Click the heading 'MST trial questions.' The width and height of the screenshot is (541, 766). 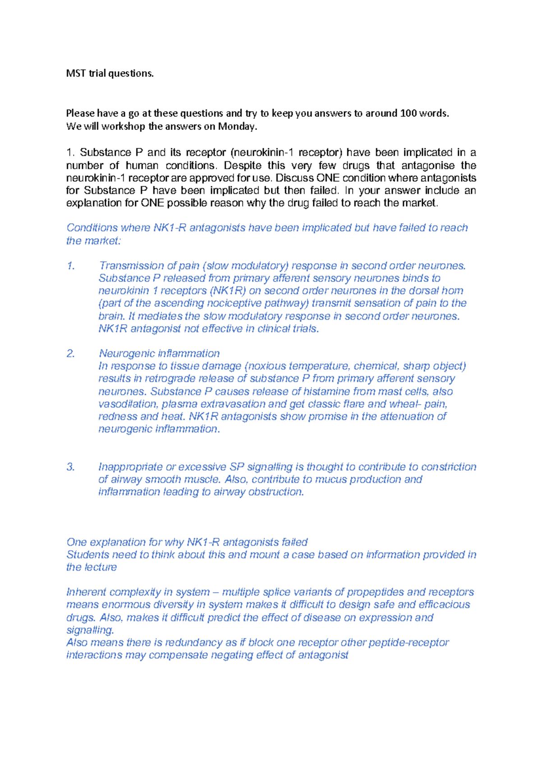click(110, 74)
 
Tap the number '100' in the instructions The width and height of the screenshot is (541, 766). click(408, 113)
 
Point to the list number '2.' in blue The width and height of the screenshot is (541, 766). click(70, 354)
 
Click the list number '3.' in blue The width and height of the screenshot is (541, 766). click(70, 467)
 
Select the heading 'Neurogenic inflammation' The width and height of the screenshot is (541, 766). click(159, 354)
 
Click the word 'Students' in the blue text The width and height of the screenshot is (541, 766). click(87, 555)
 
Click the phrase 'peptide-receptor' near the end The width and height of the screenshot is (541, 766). click(408, 643)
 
